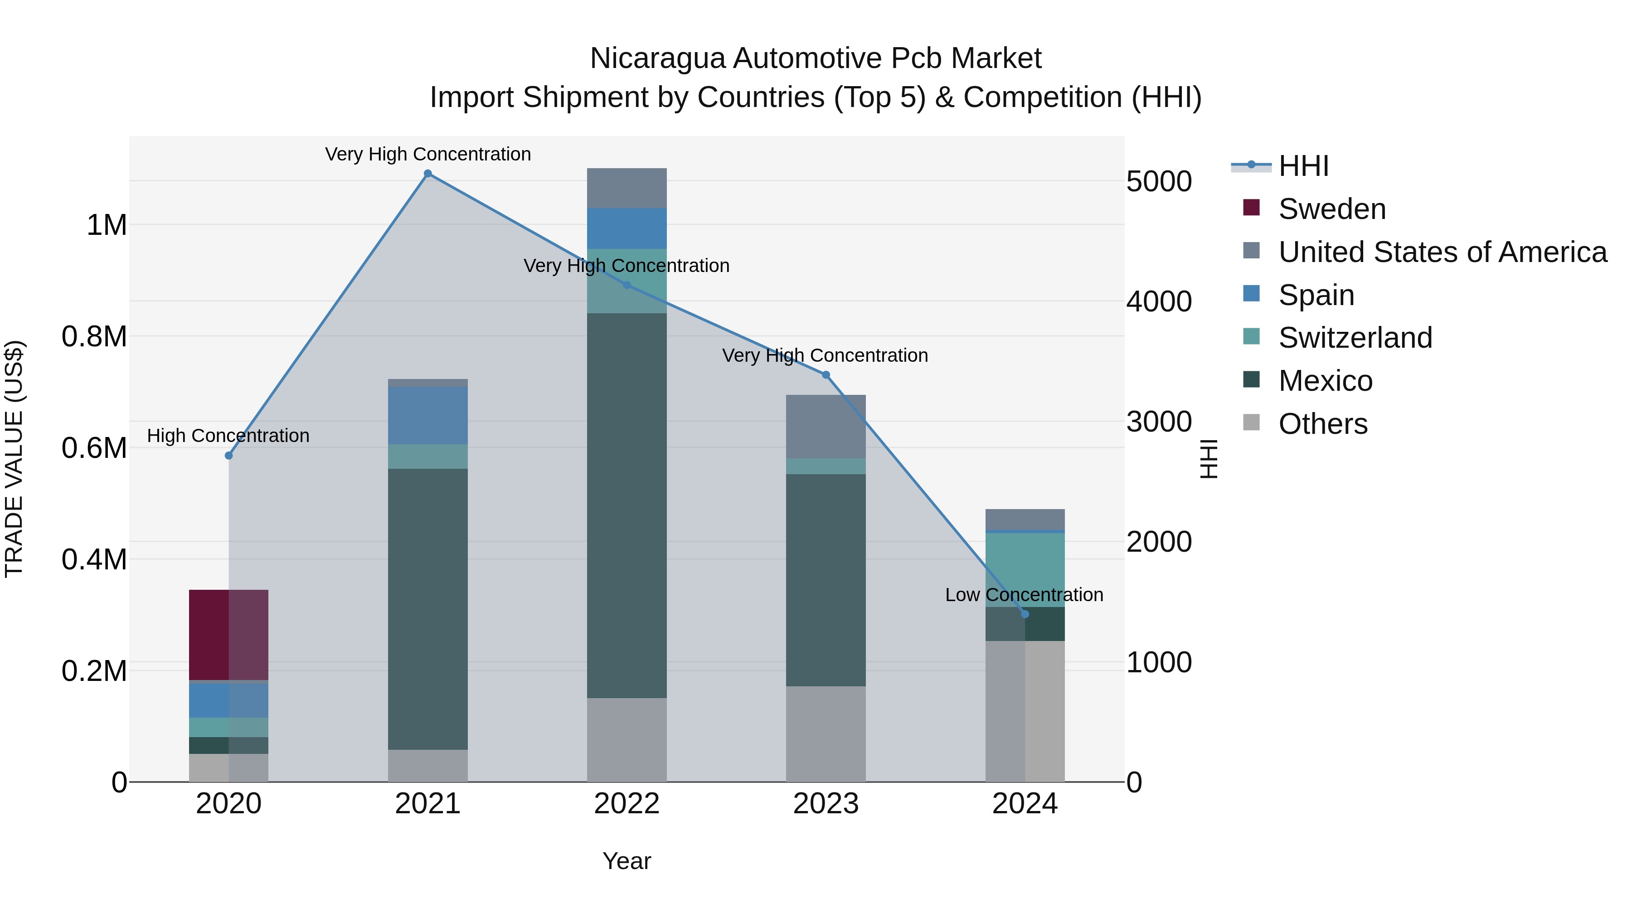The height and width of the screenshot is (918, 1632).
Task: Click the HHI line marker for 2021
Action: tap(427, 174)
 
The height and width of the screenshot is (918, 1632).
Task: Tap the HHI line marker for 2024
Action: tap(1025, 614)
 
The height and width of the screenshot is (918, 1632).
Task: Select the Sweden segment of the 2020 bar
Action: tap(229, 634)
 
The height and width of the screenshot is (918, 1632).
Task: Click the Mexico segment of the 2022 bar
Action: tap(627, 505)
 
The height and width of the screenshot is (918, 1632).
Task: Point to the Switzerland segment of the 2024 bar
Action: tap(1025, 569)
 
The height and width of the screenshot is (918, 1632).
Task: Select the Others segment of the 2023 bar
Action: tap(826, 733)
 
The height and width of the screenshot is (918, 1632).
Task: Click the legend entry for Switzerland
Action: tap(1355, 338)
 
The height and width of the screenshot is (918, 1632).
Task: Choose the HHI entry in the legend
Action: tap(1304, 166)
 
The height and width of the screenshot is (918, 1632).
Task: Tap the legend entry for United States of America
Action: tap(1442, 252)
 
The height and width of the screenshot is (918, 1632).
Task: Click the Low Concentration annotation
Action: tap(1024, 595)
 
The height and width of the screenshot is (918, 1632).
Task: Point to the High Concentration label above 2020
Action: tap(228, 436)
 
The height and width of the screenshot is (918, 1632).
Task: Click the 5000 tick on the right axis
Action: tap(1159, 181)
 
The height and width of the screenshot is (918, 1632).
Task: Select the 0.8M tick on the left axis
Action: tap(94, 336)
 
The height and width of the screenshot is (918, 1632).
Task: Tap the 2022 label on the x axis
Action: tap(627, 804)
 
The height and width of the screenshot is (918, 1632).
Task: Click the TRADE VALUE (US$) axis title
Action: tap(15, 459)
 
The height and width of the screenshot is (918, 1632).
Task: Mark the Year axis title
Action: tap(627, 861)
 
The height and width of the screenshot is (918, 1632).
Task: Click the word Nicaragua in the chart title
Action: tap(656, 59)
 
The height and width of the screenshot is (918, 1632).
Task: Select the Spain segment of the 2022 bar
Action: tap(627, 228)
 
